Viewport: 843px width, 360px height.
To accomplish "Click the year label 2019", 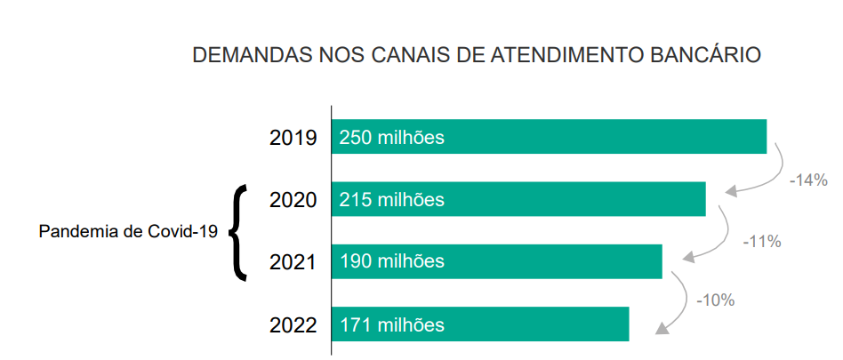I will (293, 138).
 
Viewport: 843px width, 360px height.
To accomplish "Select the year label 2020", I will (293, 200).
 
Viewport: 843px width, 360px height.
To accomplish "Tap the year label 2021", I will (293, 262).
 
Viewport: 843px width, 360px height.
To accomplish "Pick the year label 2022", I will (293, 325).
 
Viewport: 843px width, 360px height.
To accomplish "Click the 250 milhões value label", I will (391, 138).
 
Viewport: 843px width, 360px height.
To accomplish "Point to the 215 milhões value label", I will (391, 200).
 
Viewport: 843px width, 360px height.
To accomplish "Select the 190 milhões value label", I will (391, 262).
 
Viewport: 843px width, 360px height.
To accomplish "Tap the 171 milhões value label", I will (391, 325).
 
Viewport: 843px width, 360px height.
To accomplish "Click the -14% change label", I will (808, 180).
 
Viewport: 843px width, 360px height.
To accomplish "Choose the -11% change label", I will (760, 241).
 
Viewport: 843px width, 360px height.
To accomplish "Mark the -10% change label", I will (715, 300).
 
